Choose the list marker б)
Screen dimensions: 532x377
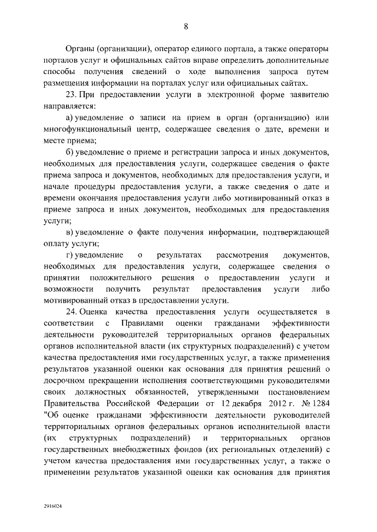[71, 152]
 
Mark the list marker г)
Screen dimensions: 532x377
[71, 256]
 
